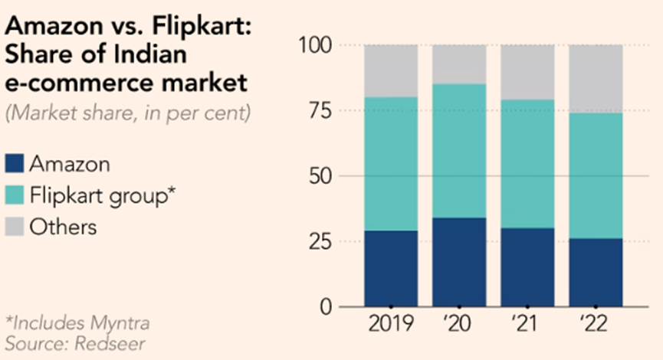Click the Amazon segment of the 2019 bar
391,268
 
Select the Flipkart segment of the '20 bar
458,151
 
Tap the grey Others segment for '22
596,79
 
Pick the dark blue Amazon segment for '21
527,267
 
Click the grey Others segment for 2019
391,71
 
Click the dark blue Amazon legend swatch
15,163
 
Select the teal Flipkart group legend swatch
15,195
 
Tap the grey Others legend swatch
15,226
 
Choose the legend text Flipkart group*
103,195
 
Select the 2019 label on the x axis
391,325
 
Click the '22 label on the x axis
596,325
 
